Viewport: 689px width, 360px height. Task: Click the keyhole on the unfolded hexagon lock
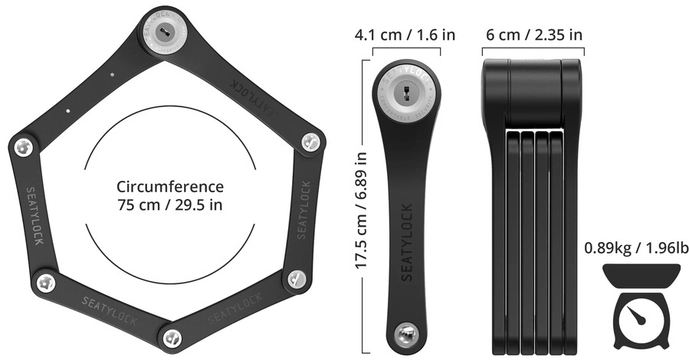click(x=164, y=31)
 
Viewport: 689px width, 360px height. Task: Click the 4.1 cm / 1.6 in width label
click(x=405, y=35)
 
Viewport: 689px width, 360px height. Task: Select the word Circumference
click(x=170, y=187)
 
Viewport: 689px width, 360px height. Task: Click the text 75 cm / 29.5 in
click(x=170, y=206)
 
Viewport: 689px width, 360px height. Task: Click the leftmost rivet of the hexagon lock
click(x=23, y=149)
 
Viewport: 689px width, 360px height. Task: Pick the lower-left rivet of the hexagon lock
click(x=44, y=283)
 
